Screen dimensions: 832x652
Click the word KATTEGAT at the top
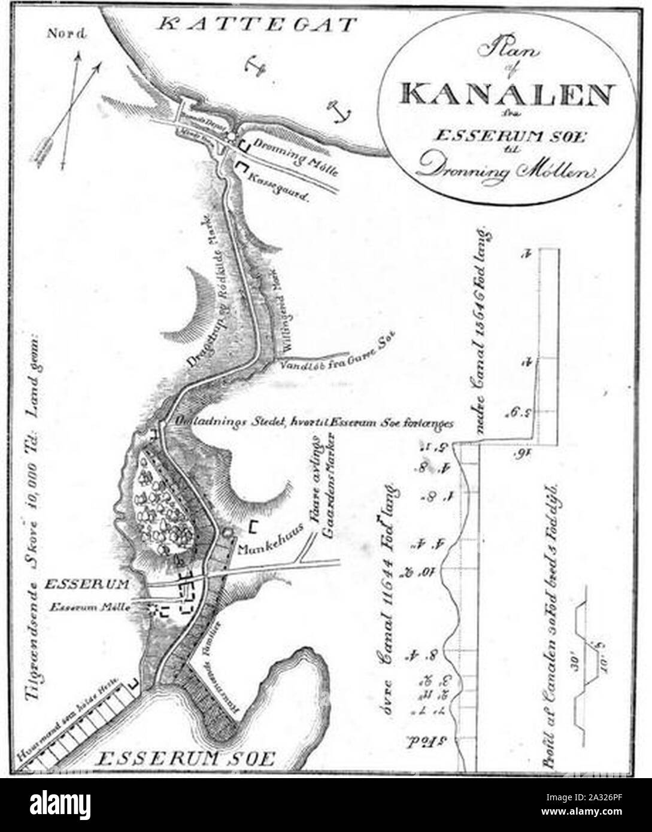point(258,25)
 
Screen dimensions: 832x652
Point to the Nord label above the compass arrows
point(66,34)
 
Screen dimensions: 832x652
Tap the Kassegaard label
point(279,181)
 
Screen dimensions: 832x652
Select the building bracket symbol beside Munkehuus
point(254,527)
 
